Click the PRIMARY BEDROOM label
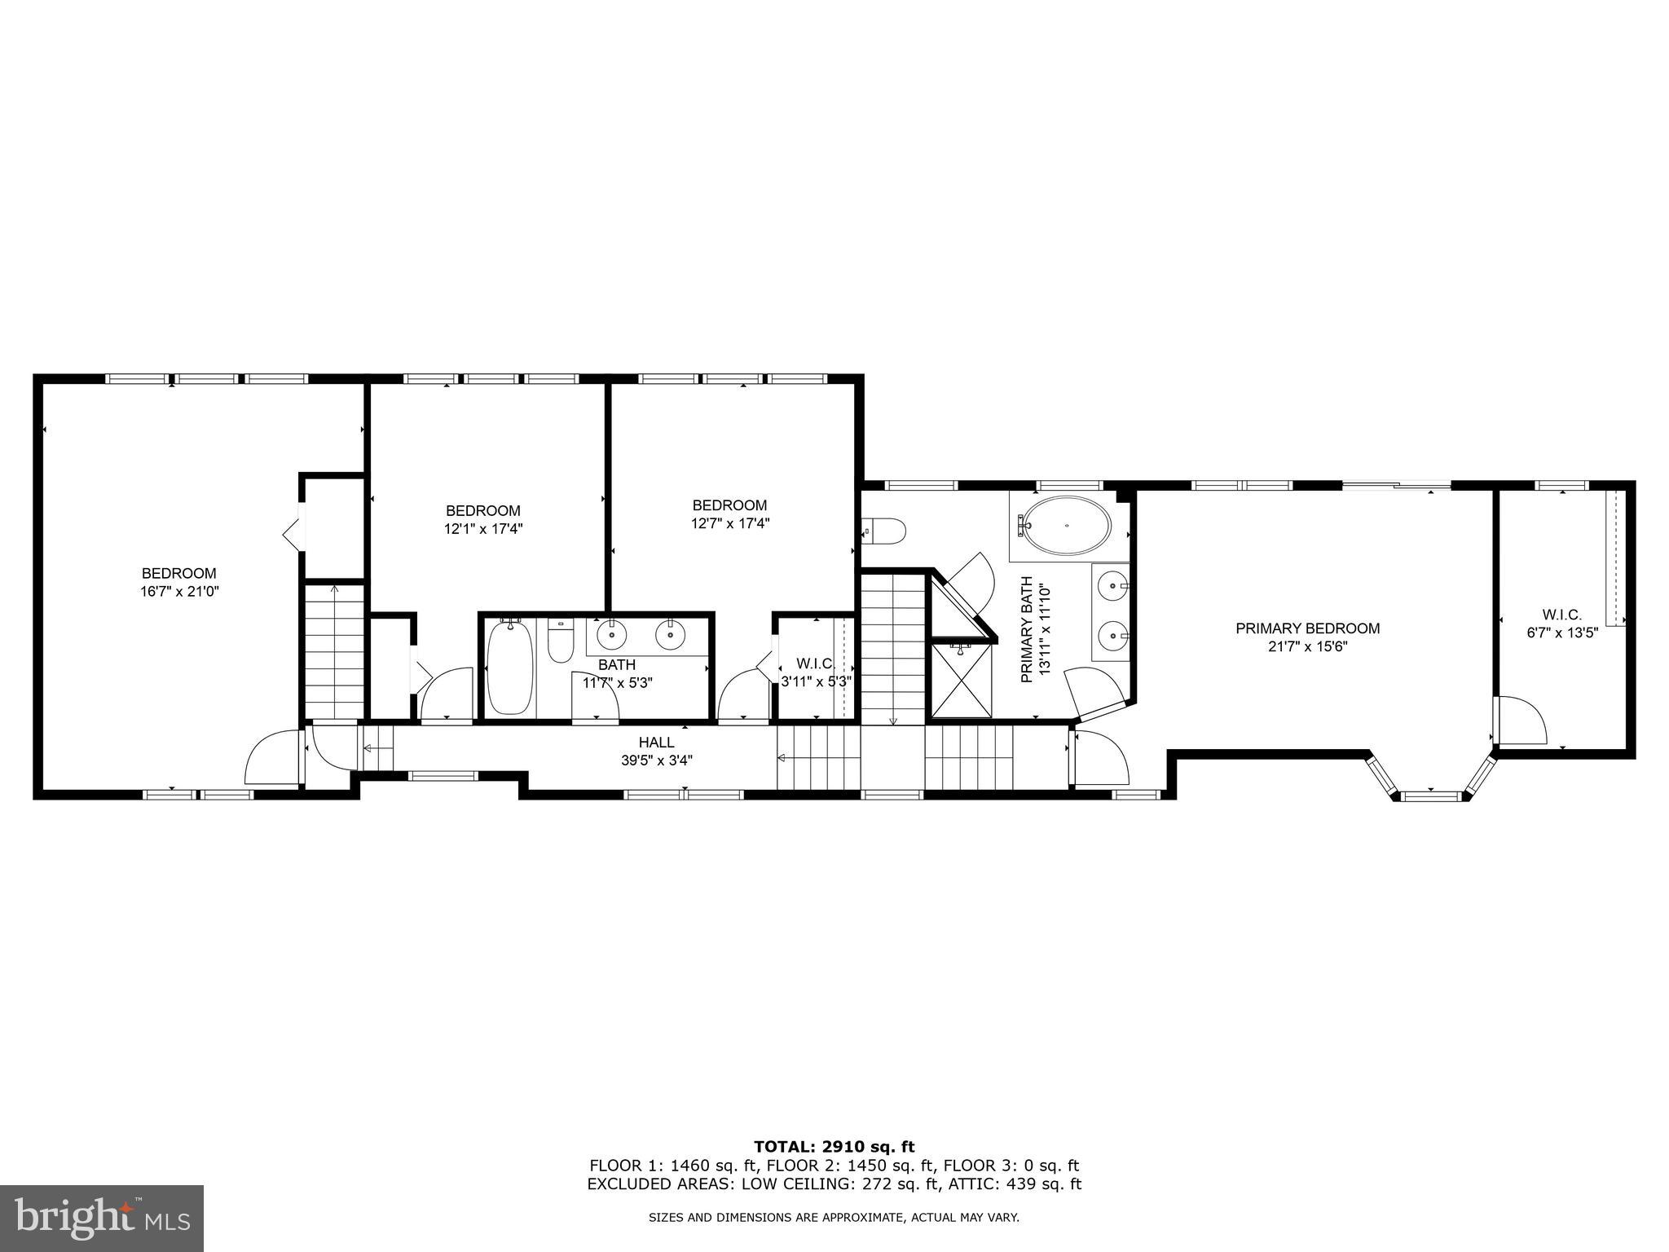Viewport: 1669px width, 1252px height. (1307, 628)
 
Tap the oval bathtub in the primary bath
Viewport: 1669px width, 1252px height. (1066, 526)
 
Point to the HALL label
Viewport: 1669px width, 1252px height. (656, 743)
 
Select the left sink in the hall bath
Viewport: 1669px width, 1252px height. (612, 635)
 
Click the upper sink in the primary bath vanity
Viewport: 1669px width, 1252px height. (1112, 584)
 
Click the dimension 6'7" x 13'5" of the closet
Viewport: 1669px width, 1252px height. (1561, 633)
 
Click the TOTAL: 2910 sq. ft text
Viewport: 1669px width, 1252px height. (834, 1148)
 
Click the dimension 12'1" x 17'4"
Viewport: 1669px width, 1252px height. (482, 528)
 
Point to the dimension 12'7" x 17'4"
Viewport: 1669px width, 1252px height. (729, 523)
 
